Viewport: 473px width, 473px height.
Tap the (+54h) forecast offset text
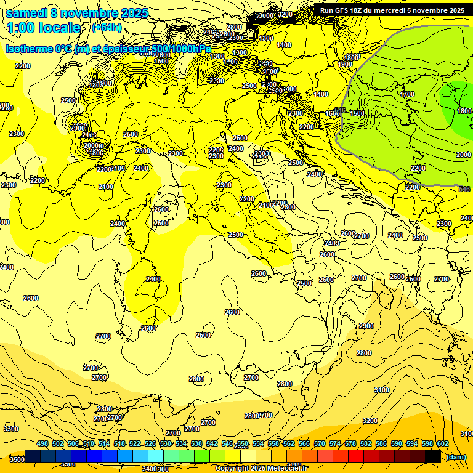107,28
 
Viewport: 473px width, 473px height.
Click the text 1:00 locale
44,28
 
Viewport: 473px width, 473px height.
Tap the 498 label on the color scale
42,443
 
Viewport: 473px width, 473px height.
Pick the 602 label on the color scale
442,443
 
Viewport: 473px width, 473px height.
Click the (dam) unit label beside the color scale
456,457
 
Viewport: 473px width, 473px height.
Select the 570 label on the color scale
319,443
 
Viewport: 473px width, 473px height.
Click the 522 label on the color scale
135,443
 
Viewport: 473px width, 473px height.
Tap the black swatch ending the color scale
433,456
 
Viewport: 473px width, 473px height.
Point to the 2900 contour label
366,326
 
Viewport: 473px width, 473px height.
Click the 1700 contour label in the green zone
407,94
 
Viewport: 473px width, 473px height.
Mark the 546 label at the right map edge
464,189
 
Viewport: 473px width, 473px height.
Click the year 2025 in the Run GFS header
456,10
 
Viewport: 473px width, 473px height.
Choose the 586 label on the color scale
381,443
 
